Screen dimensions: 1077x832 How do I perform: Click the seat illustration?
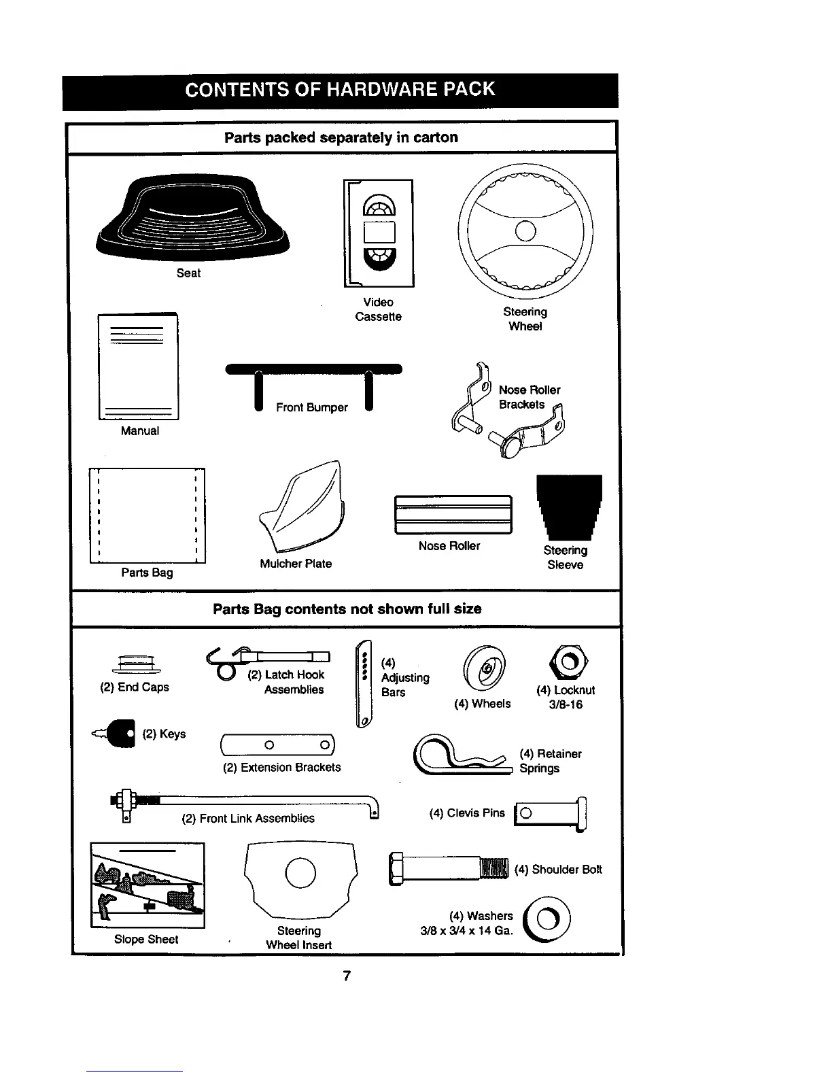(x=192, y=217)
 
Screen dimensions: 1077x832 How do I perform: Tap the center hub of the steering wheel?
(x=525, y=230)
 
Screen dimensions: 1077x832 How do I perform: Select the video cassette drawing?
(x=379, y=233)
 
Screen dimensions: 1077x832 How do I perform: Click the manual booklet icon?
(x=139, y=367)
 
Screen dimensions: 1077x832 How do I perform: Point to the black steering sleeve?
(x=569, y=506)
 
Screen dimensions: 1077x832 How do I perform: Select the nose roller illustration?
(x=453, y=515)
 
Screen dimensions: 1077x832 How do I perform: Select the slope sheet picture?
(x=148, y=885)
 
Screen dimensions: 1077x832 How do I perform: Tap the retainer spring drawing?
(x=462, y=756)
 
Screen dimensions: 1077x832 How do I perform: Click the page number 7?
(x=347, y=976)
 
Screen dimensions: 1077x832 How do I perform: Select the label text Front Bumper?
(x=311, y=407)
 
